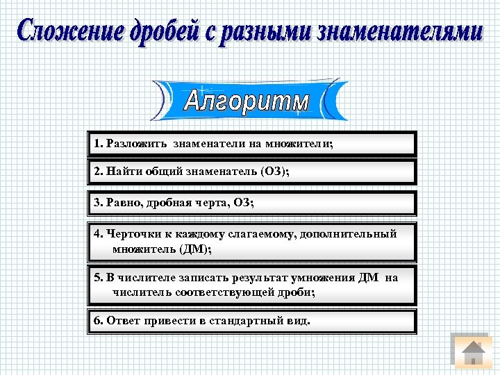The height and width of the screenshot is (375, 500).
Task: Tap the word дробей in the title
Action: coord(167,33)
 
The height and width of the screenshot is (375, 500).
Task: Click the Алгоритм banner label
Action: coord(247,101)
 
